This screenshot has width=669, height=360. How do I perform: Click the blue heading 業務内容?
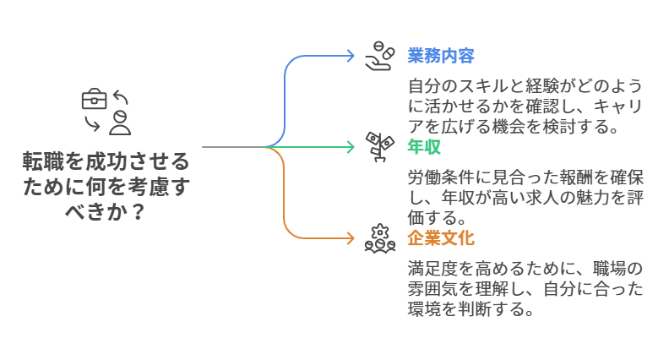tap(440, 56)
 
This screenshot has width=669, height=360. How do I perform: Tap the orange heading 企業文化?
tap(440, 237)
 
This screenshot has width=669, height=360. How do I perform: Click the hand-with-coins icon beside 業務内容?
tap(379, 55)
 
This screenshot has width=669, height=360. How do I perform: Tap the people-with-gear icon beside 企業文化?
tap(379, 237)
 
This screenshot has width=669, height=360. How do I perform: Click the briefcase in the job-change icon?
tap(94, 99)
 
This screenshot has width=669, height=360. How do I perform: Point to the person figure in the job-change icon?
tap(121, 121)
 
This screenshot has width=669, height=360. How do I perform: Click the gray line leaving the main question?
tap(232, 147)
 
